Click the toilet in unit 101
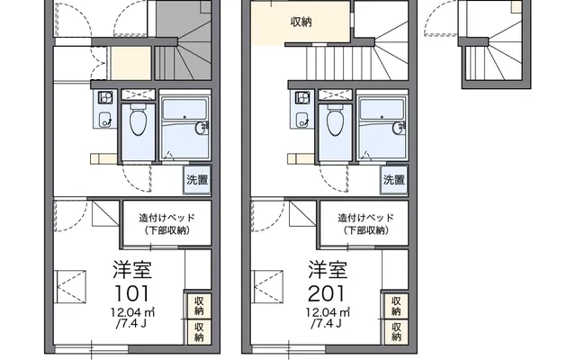(x=138, y=121)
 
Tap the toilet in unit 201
(x=336, y=121)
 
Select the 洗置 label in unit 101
(x=197, y=180)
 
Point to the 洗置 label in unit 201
(x=394, y=180)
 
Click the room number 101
(x=132, y=293)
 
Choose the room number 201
(x=327, y=293)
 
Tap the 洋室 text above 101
(x=132, y=270)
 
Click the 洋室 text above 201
(x=328, y=270)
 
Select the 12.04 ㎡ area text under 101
(x=132, y=312)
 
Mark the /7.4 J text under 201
(x=327, y=324)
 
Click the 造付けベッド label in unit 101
(x=166, y=218)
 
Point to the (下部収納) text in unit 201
(x=366, y=230)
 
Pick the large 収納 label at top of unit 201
(x=301, y=22)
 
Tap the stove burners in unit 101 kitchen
(x=105, y=98)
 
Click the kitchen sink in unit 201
(x=302, y=119)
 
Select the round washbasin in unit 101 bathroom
(x=201, y=128)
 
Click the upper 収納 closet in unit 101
(x=199, y=306)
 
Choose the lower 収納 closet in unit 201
(x=396, y=332)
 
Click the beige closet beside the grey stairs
(x=131, y=63)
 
